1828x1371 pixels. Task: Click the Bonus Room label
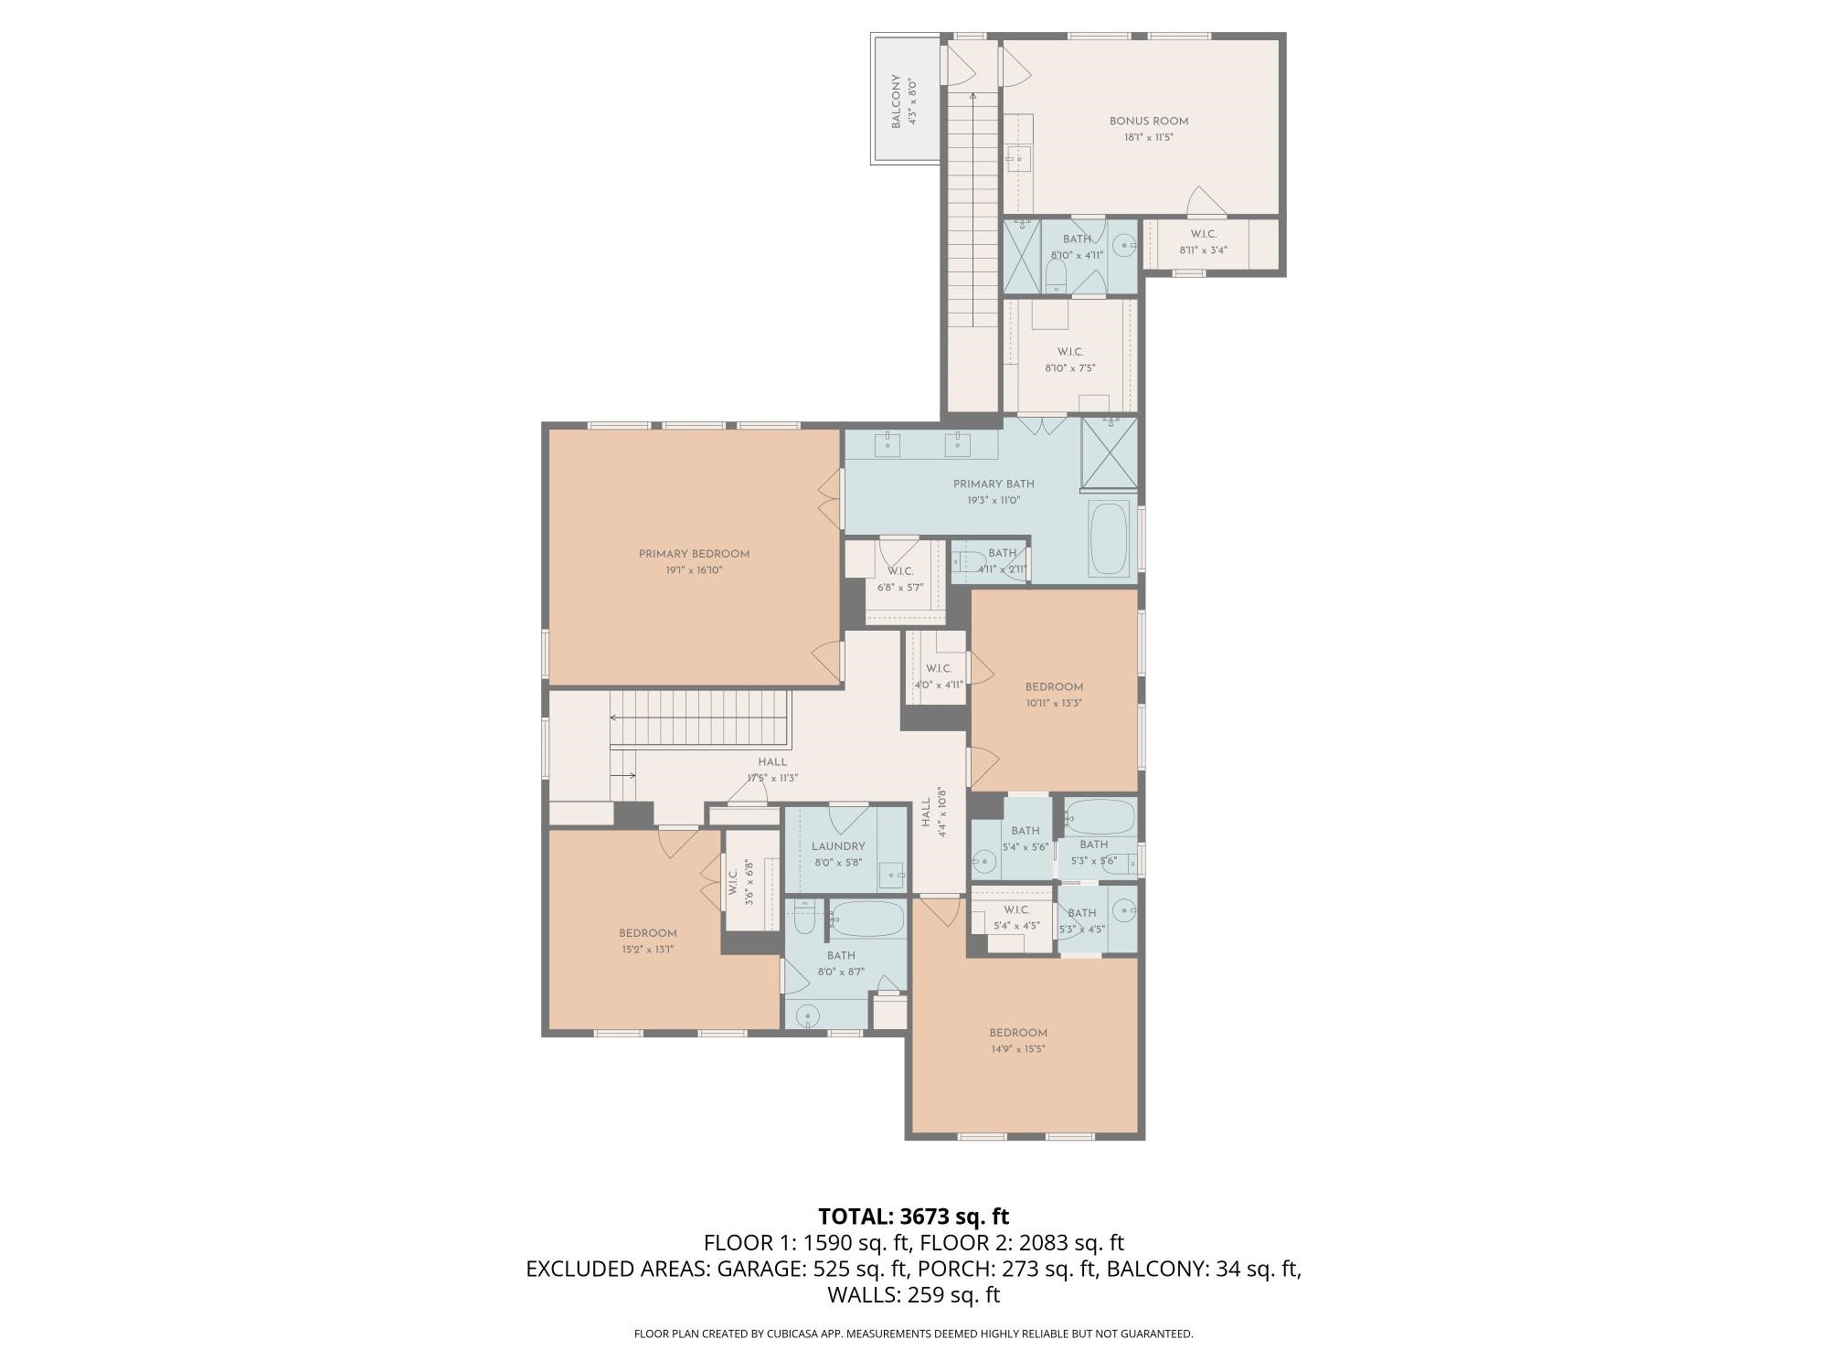pyautogui.click(x=1148, y=121)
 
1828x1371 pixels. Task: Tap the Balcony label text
pyautogui.click(x=897, y=101)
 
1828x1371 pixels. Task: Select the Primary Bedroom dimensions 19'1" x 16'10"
pyautogui.click(x=694, y=570)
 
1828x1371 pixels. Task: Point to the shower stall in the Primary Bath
pyautogui.click(x=1109, y=453)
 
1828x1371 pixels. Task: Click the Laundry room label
pyautogui.click(x=837, y=846)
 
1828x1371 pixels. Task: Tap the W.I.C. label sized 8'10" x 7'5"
pyautogui.click(x=1069, y=352)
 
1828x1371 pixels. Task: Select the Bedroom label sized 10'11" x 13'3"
pyautogui.click(x=1054, y=687)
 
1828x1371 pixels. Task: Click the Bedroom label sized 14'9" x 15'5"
pyautogui.click(x=1017, y=1033)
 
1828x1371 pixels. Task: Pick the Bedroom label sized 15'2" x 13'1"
pyautogui.click(x=647, y=933)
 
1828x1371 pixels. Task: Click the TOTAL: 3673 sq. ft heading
pyautogui.click(x=913, y=1217)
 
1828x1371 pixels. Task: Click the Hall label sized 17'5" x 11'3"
pyautogui.click(x=771, y=762)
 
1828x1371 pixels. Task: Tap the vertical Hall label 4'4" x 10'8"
pyautogui.click(x=926, y=812)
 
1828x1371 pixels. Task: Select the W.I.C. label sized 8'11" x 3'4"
pyautogui.click(x=1203, y=234)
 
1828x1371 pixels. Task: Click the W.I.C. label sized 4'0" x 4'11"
pyautogui.click(x=938, y=669)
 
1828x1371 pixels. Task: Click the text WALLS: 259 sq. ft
pyautogui.click(x=913, y=1294)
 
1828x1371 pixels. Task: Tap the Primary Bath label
pyautogui.click(x=993, y=484)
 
